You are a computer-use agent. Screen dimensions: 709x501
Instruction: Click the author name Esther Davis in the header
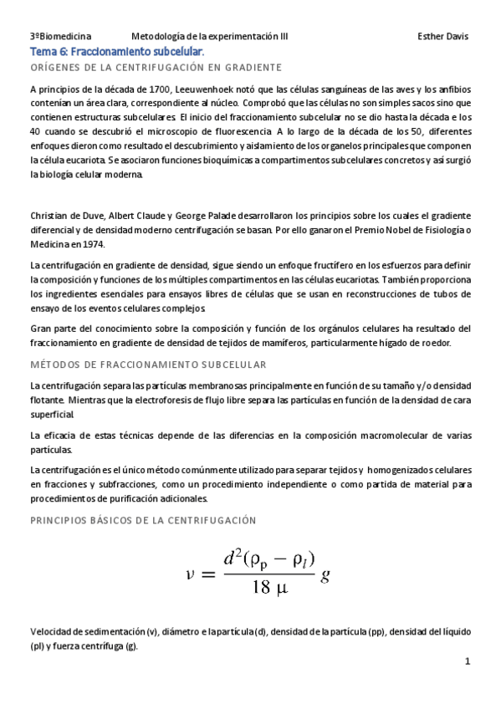point(442,37)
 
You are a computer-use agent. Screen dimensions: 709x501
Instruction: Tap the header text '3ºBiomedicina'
point(60,37)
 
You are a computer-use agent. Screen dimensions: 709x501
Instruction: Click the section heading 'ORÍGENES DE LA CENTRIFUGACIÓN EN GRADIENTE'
point(156,67)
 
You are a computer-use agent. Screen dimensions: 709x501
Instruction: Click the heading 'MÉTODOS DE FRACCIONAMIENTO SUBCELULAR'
point(147,365)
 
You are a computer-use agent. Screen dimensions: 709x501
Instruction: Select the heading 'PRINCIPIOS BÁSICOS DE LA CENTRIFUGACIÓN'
point(154,519)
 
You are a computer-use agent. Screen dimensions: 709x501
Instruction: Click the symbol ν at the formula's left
point(190,574)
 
